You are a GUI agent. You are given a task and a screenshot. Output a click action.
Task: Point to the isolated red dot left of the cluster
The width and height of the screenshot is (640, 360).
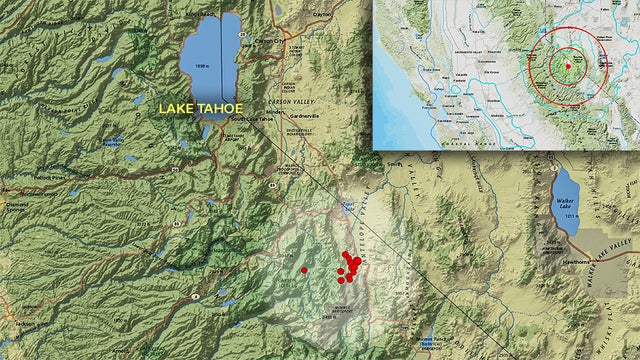304,270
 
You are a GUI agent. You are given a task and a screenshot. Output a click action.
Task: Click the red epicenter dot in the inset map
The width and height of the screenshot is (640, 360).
568,66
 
